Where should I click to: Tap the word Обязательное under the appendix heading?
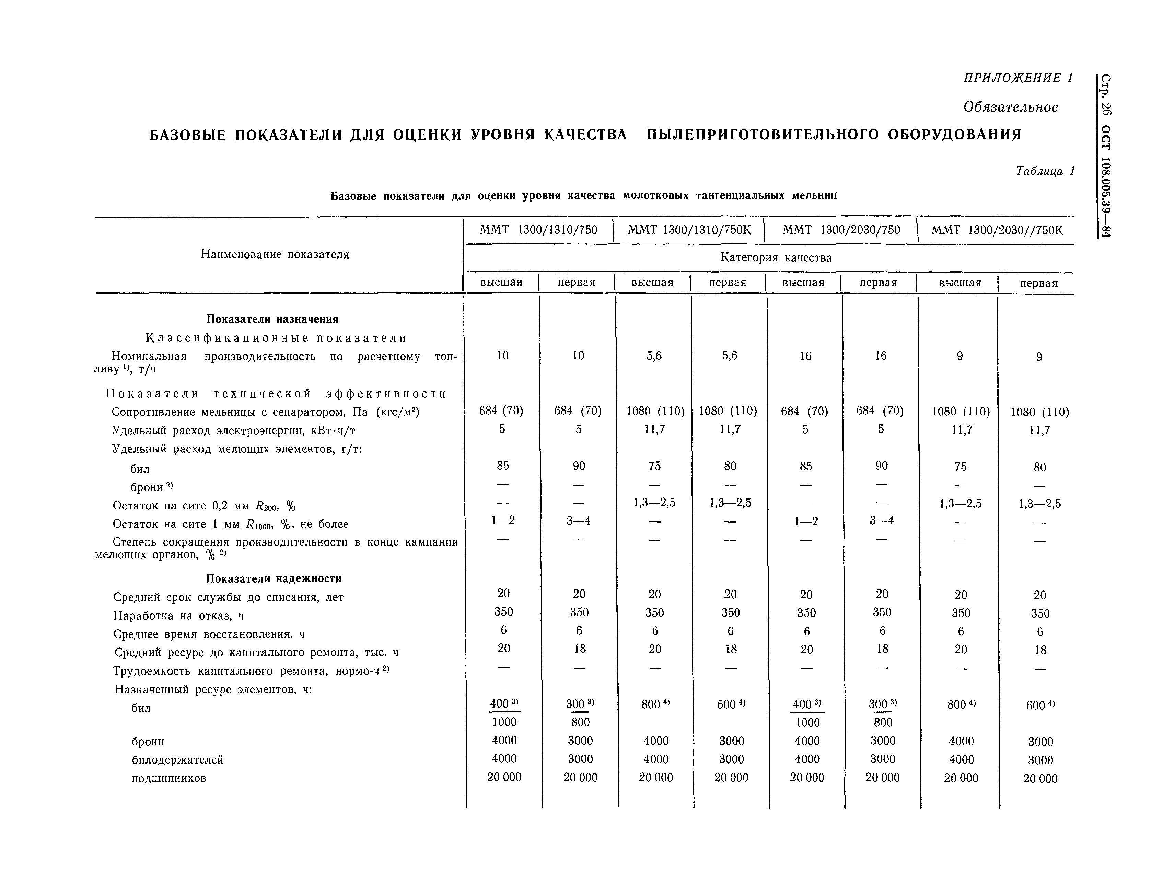[1010, 107]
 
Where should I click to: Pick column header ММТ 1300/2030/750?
[841, 230]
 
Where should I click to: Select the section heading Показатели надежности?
[274, 578]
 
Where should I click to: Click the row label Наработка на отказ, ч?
[178, 616]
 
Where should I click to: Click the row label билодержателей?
[177, 760]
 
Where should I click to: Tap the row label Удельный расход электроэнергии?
[234, 431]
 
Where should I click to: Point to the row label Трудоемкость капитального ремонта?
[251, 671]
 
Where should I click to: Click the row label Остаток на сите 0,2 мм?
[203, 506]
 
